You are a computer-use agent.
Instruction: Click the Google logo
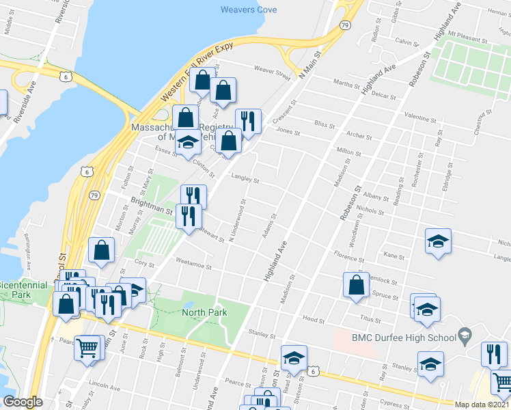[x=23, y=402]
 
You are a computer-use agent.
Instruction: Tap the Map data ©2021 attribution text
[x=482, y=405]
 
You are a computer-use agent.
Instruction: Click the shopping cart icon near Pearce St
[x=87, y=348]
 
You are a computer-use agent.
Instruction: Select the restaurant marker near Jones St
[x=248, y=122]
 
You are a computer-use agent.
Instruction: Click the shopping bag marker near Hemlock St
[x=357, y=285]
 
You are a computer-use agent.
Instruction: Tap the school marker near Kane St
[x=438, y=241]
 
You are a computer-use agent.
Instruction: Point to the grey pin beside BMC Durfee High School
[x=465, y=335]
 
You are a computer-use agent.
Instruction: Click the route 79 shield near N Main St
[x=346, y=25]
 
